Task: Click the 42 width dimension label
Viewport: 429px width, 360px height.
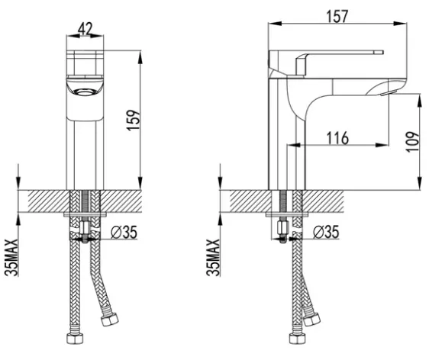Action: [x=85, y=28]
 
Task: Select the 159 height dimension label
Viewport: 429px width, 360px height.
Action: [x=134, y=120]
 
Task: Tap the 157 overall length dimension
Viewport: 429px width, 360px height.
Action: [x=337, y=16]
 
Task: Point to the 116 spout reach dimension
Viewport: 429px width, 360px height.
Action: [x=338, y=138]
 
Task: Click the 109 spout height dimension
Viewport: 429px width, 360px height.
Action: [x=412, y=142]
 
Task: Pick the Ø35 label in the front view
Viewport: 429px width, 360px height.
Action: [x=124, y=233]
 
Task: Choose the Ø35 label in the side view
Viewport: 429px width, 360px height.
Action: [x=326, y=232]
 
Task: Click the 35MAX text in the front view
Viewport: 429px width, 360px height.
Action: [x=11, y=258]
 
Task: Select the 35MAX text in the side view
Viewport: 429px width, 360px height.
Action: [x=213, y=258]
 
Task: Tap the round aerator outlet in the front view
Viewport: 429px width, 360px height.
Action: [x=85, y=92]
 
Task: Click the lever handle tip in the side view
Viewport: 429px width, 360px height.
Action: [x=382, y=53]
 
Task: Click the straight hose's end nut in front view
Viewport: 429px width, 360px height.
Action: [x=75, y=339]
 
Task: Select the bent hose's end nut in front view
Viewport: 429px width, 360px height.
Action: [x=109, y=320]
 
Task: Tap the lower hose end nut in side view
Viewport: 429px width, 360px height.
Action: [x=298, y=339]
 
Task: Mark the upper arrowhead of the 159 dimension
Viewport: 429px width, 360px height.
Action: [x=140, y=57]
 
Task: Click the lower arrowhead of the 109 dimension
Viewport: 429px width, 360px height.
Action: [x=419, y=183]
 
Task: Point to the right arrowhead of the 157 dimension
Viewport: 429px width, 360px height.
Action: [x=400, y=24]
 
